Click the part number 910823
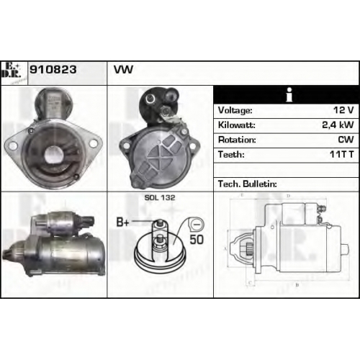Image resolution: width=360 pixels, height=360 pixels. (x=53, y=70)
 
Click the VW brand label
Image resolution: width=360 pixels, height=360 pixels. (x=123, y=70)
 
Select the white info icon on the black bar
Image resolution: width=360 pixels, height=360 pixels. (x=289, y=94)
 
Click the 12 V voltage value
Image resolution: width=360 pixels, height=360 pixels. (x=343, y=110)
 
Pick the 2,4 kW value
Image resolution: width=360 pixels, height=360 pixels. (x=338, y=125)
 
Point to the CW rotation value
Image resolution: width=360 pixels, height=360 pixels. (x=346, y=140)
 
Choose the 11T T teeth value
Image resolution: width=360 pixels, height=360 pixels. (x=342, y=154)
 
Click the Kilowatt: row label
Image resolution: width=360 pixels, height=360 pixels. (x=236, y=125)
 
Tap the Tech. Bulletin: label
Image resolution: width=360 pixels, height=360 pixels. (x=248, y=184)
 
